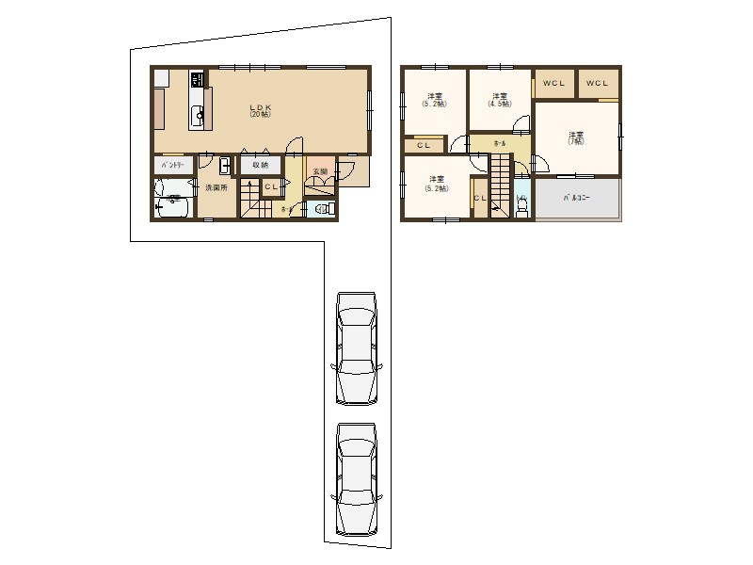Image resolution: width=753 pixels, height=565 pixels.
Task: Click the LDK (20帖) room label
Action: pos(261,110)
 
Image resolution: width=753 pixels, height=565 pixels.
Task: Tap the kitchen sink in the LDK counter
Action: pos(198,116)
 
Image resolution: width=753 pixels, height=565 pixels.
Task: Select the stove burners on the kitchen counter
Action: pos(197,79)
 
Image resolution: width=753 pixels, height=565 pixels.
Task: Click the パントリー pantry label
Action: pos(173,165)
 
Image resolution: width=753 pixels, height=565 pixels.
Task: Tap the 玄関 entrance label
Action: pos(320,172)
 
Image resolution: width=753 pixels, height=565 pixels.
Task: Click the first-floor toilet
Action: pos(323,209)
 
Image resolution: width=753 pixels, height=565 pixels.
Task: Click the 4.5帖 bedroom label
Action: pos(499,99)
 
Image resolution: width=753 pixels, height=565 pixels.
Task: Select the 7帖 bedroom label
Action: pos(575,138)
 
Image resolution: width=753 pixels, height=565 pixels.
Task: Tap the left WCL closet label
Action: pos(553,83)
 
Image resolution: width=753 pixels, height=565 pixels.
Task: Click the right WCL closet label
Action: pos(598,83)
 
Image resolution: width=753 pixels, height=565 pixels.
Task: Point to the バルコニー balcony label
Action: pos(577,199)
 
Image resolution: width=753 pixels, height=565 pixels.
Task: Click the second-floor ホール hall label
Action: pos(499,143)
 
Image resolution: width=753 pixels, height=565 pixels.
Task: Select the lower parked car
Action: pos(356,478)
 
